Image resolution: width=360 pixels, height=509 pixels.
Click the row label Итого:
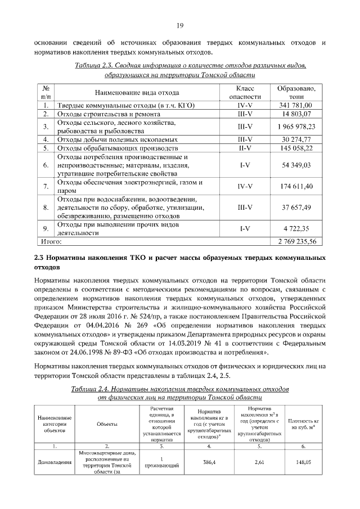[49, 241]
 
